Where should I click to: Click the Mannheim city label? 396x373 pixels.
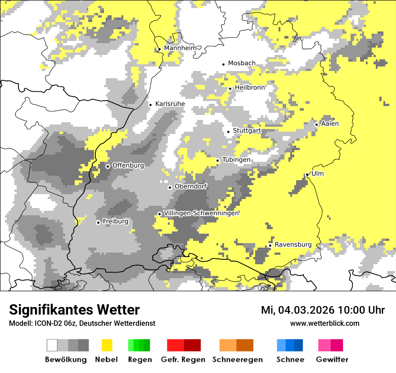181,48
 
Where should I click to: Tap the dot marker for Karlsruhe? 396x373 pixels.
151,105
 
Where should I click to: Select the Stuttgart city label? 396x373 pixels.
247,131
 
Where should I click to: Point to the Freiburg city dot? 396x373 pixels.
98,222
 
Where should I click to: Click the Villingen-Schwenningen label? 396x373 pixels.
201,213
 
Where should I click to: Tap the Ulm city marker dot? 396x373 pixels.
307,174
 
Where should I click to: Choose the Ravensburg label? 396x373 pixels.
293,244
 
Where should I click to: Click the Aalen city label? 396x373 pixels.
330,124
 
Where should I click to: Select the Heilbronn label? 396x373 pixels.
250,88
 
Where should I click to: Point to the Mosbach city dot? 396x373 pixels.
223,64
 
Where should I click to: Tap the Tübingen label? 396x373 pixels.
236,160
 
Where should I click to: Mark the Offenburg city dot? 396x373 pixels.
108,166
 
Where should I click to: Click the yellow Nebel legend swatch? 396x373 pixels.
107,345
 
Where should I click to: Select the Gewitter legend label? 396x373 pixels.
332,360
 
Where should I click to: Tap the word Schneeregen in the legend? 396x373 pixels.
238,360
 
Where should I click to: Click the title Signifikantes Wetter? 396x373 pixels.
74,310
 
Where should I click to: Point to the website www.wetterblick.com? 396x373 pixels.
324,323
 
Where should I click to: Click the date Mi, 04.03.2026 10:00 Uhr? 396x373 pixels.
323,310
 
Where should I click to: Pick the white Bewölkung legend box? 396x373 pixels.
52,345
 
